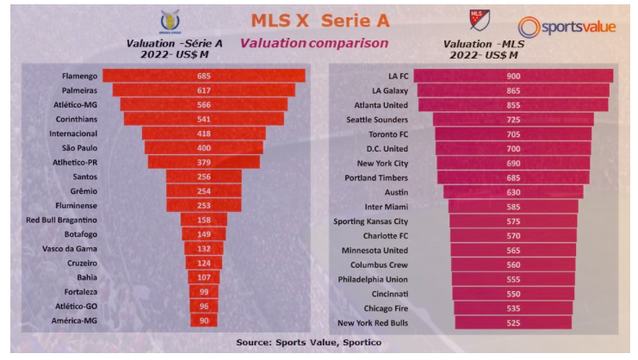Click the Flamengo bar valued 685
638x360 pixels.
[204, 76]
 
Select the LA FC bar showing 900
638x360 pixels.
[513, 76]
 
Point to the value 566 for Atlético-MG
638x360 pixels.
[204, 105]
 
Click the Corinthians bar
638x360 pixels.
[204, 119]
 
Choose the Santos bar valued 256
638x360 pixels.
[204, 177]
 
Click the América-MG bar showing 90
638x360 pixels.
[204, 321]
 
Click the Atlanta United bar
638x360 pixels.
[513, 105]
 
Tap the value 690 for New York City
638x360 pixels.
[513, 163]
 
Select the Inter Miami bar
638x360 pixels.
[513, 207]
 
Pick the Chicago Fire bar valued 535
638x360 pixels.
[513, 307]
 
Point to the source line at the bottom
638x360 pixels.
[319, 342]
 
